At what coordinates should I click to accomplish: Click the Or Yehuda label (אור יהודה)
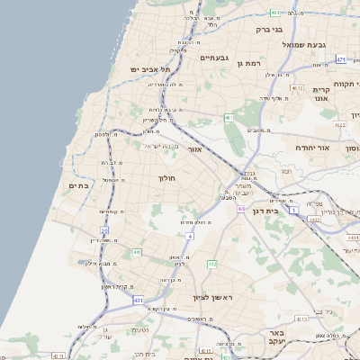pyautogui.click(x=312, y=147)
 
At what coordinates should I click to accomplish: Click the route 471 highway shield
pyautogui.click(x=340, y=59)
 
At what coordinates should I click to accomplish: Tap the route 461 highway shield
pyautogui.click(x=229, y=117)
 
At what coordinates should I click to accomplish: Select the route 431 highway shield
pyautogui.click(x=138, y=299)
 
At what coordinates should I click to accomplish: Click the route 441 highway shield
pyautogui.click(x=137, y=252)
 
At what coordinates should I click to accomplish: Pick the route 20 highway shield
pyautogui.click(x=105, y=230)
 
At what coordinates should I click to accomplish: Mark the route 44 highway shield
pyautogui.click(x=241, y=209)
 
